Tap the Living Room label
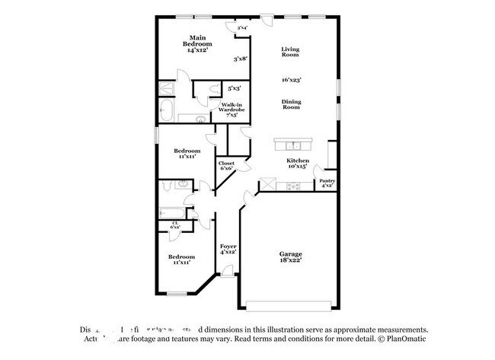290,53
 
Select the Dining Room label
290,104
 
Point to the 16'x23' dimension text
291,79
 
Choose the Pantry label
327,182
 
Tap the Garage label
290,257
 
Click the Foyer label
228,250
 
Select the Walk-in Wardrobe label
232,109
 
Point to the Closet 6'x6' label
227,166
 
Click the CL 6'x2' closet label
175,225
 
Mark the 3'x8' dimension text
240,59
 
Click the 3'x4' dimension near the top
242,28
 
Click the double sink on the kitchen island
294,145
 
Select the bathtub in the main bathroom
165,110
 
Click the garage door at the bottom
289,306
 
